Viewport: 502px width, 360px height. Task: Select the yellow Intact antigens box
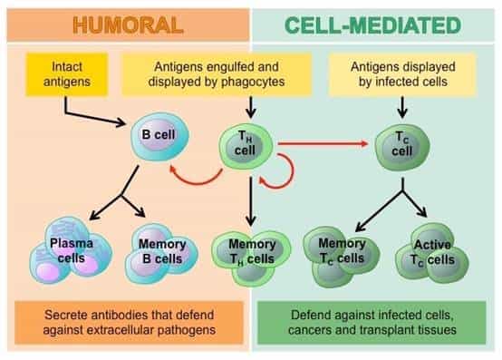(x=65, y=73)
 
